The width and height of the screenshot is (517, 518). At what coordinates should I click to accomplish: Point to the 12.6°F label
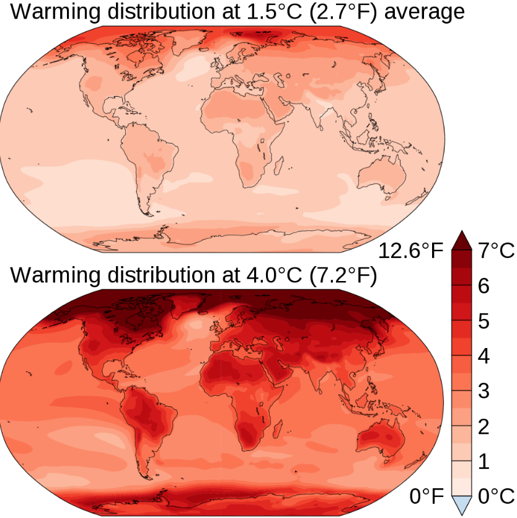point(412,251)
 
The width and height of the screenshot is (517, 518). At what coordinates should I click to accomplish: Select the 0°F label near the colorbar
point(428,496)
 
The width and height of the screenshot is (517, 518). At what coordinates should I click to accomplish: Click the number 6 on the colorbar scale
point(484,286)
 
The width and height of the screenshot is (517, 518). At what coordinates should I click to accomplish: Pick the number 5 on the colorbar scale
point(484,321)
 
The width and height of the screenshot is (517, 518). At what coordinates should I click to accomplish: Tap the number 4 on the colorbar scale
point(484,356)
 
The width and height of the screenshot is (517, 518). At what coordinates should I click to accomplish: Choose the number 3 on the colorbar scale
point(484,391)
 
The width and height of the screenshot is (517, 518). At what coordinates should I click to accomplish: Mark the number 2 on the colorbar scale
point(484,426)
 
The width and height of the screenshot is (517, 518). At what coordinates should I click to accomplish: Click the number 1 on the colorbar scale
point(484,462)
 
